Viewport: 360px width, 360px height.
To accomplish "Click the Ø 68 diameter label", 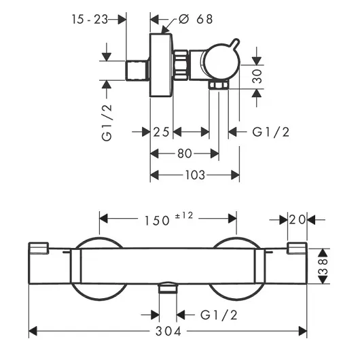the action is (196, 19).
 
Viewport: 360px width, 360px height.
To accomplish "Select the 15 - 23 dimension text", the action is (90, 19).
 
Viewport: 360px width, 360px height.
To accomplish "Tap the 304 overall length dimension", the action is (168, 331).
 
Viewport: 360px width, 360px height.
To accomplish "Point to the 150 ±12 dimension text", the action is (168, 219).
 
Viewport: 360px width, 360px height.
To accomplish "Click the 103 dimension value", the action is (195, 175).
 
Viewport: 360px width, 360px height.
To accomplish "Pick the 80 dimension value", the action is (185, 154).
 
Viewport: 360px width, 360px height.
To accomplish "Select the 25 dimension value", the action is (161, 132).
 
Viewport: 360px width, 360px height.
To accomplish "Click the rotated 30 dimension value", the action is (257, 76).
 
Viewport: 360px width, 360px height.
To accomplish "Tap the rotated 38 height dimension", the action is (323, 266).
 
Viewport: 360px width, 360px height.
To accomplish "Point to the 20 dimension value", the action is (298, 219).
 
